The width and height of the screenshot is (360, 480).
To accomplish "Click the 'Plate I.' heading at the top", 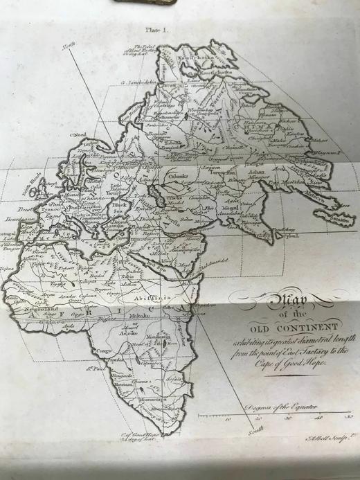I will [x=150, y=29].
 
